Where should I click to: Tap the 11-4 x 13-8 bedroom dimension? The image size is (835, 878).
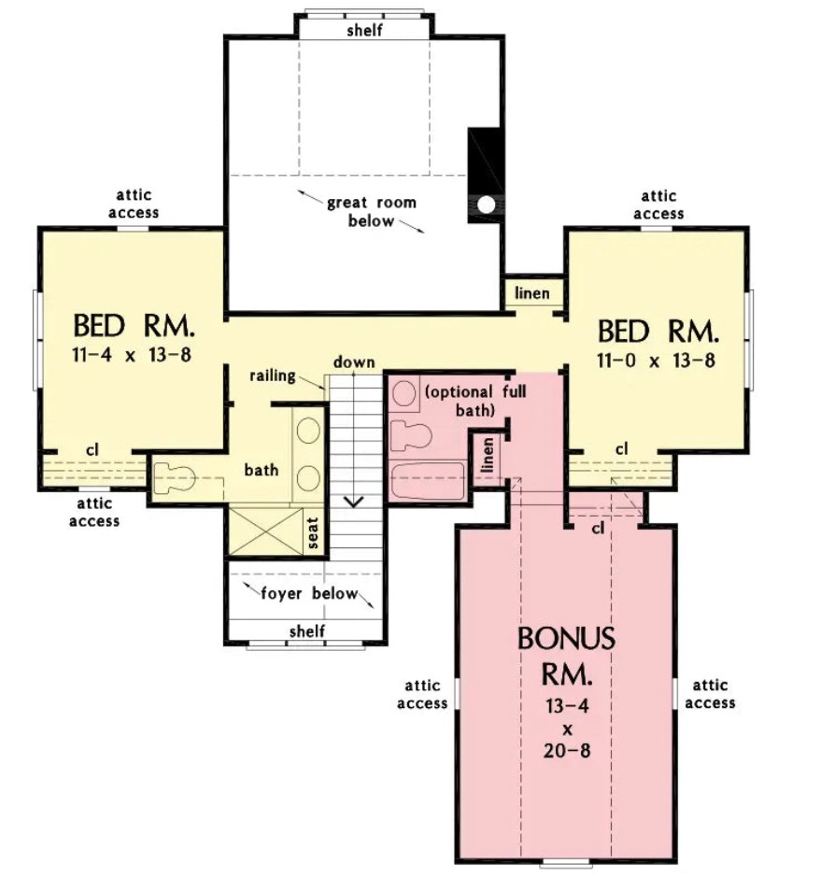[x=132, y=354]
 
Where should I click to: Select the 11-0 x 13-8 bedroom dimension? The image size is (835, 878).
[x=656, y=360]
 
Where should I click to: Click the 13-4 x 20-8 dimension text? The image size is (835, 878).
[x=567, y=729]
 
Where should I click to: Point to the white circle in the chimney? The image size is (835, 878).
[x=486, y=205]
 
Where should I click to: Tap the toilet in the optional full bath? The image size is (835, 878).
[x=411, y=436]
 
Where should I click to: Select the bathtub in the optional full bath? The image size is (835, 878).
[x=427, y=480]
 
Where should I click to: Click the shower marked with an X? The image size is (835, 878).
[x=265, y=531]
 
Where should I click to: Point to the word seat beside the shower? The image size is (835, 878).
[x=313, y=532]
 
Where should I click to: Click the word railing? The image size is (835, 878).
[x=272, y=375]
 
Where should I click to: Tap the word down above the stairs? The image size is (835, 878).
[x=354, y=362]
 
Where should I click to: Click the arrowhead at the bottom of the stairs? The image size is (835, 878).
[x=353, y=502]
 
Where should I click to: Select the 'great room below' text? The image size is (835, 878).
[x=372, y=211]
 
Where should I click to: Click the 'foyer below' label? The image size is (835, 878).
[x=309, y=593]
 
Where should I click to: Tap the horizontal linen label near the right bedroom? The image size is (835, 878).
[x=532, y=293]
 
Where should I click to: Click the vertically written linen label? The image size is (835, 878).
[x=488, y=455]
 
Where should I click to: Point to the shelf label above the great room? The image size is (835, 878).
[x=364, y=30]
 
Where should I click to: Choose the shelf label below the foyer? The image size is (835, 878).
[x=307, y=631]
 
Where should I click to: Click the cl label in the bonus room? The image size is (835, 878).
[x=598, y=528]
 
